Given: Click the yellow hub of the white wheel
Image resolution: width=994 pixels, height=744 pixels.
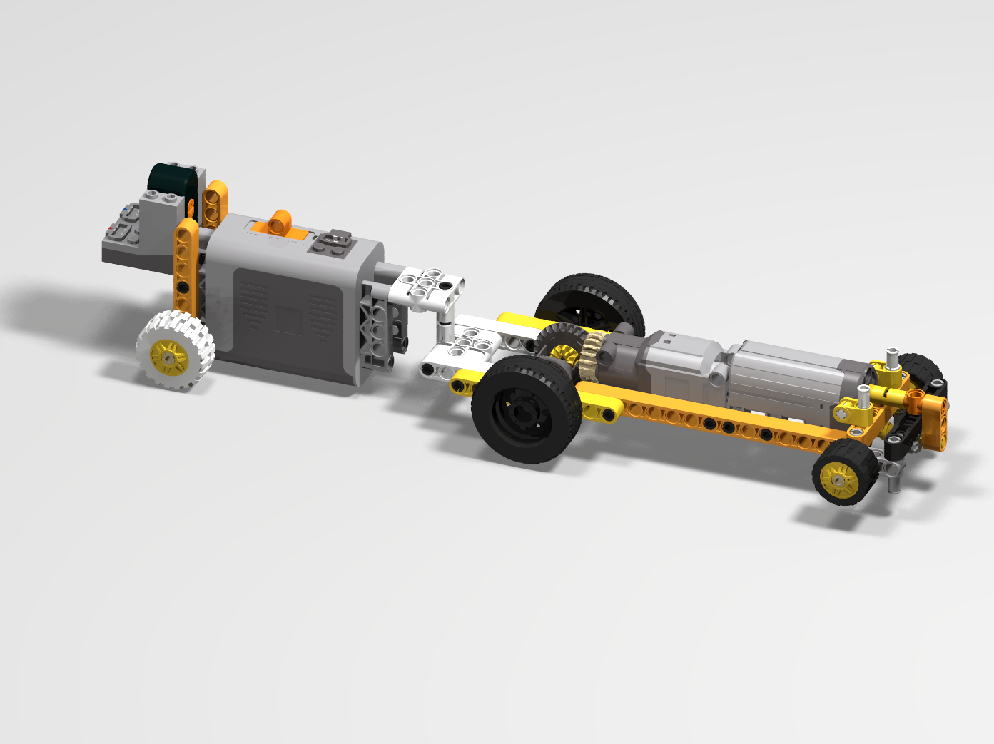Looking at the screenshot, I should pyautogui.click(x=169, y=355).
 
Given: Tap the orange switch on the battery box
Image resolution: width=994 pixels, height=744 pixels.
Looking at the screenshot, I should pyautogui.click(x=280, y=223).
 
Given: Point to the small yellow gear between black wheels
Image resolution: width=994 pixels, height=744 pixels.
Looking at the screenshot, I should pyautogui.click(x=564, y=354).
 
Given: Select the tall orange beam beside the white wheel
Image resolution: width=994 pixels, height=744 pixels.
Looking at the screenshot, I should pyautogui.click(x=186, y=264).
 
